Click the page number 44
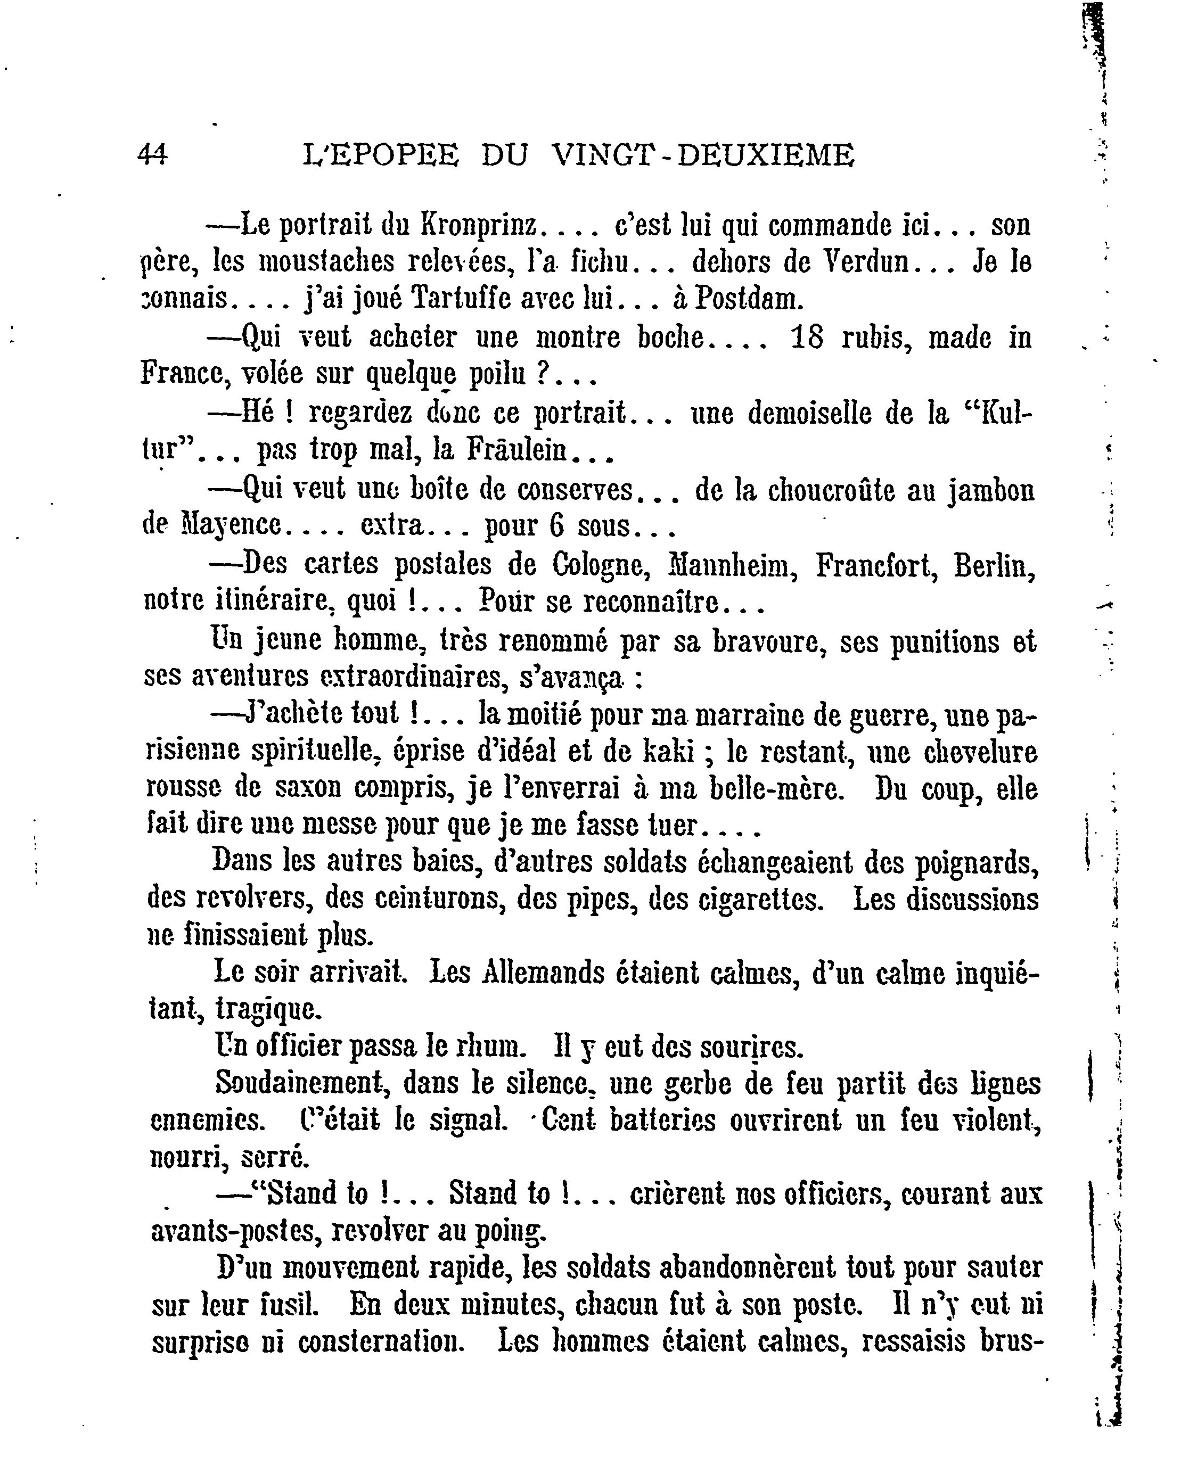[x=152, y=154]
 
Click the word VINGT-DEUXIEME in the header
[x=704, y=154]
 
